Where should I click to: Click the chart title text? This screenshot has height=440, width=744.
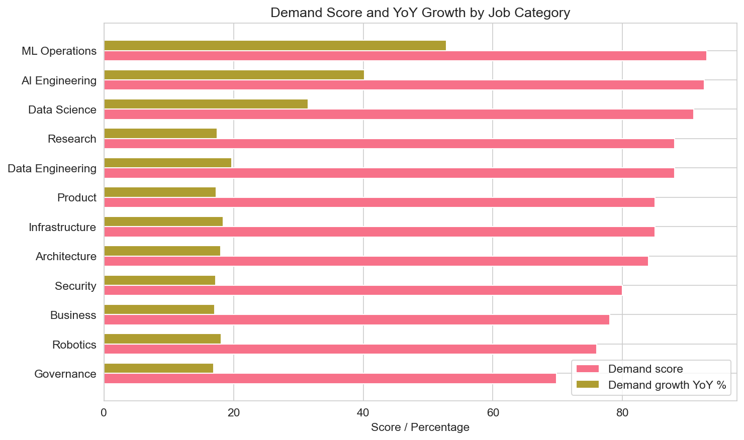pyautogui.click(x=420, y=13)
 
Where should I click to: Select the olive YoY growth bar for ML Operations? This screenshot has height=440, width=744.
pyautogui.click(x=274, y=46)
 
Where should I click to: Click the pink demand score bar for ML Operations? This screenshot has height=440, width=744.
pyautogui.click(x=405, y=56)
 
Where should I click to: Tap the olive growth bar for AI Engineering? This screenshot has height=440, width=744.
pyautogui.click(x=234, y=75)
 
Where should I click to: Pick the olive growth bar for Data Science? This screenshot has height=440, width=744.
pyautogui.click(x=206, y=104)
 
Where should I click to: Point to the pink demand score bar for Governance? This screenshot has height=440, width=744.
pyautogui.click(x=330, y=379)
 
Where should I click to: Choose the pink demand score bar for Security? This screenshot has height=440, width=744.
pyautogui.click(x=362, y=290)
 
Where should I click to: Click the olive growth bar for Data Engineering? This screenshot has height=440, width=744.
pyautogui.click(x=167, y=163)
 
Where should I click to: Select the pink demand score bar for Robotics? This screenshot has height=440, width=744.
pyautogui.click(x=350, y=349)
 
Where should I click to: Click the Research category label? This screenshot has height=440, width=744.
pyautogui.click(x=72, y=139)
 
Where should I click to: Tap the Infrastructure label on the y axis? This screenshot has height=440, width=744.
pyautogui.click(x=62, y=228)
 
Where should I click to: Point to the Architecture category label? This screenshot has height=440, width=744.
pyautogui.click(x=66, y=257)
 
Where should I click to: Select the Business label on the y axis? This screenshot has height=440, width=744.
pyautogui.click(x=73, y=315)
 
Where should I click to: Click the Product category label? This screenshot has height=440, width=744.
pyautogui.click(x=76, y=198)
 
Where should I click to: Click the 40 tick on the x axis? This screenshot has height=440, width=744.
pyautogui.click(x=363, y=413)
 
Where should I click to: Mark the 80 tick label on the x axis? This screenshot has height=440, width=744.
pyautogui.click(x=622, y=413)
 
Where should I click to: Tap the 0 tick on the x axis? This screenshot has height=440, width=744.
pyautogui.click(x=104, y=413)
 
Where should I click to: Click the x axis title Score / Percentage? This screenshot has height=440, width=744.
pyautogui.click(x=420, y=427)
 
